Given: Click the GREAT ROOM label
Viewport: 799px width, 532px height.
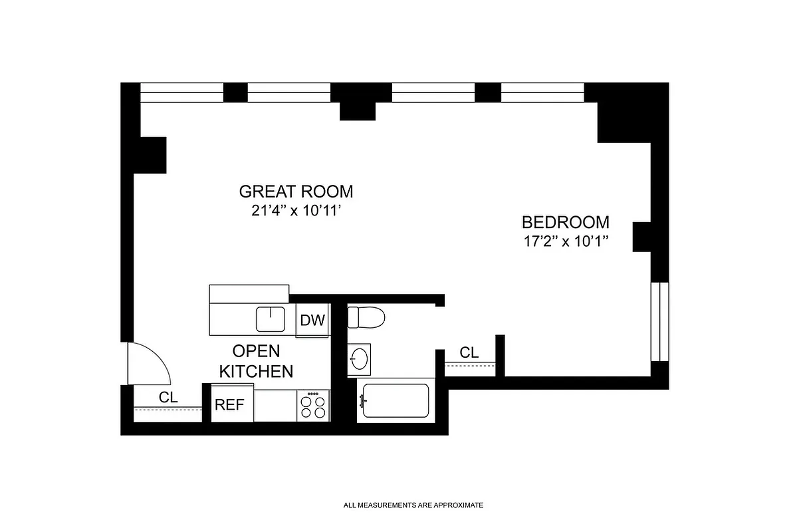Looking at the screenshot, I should [x=296, y=192].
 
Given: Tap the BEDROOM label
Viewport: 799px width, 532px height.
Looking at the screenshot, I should [x=565, y=222].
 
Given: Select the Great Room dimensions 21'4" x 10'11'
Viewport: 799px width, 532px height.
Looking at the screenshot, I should [x=296, y=211].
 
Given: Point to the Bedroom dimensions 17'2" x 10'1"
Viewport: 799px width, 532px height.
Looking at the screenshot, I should [x=565, y=241].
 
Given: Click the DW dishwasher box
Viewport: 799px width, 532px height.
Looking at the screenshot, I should [x=312, y=321].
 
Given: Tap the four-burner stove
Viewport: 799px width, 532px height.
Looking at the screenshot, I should [x=314, y=405].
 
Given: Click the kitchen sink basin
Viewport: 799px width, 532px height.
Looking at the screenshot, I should [x=271, y=319].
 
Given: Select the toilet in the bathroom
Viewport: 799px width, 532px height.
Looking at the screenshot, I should [x=366, y=317].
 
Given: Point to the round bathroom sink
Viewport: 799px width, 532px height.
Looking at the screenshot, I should [x=360, y=359].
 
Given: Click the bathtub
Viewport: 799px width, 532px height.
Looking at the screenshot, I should [x=395, y=401].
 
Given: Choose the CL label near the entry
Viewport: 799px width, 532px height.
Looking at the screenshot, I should [x=168, y=397].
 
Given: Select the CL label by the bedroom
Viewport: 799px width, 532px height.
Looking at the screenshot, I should [x=469, y=352].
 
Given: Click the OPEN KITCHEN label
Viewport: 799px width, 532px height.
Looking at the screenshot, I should [x=256, y=361].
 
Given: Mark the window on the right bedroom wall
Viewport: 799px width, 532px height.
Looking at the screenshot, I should [x=660, y=322].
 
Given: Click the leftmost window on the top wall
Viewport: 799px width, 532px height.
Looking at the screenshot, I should [x=181, y=92].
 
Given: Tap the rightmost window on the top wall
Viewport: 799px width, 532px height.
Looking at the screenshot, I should [x=542, y=92].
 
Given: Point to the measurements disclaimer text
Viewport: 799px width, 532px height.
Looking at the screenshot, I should [x=413, y=505].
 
